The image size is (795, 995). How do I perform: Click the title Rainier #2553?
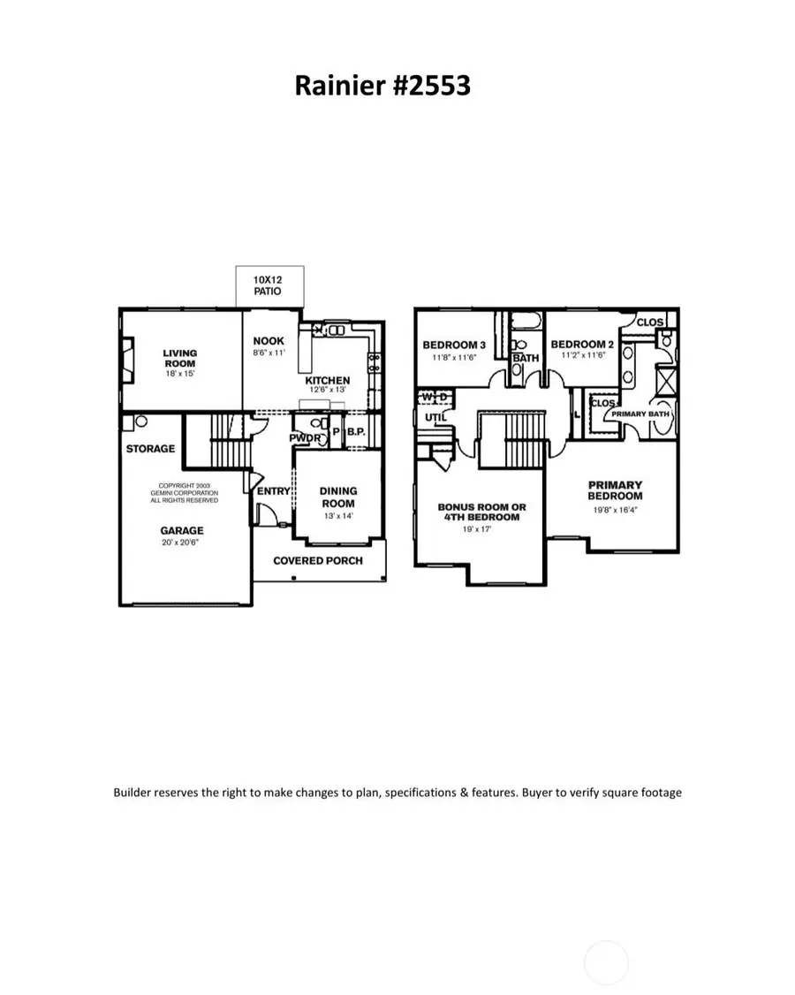pyautogui.click(x=382, y=86)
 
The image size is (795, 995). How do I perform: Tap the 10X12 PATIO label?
pyautogui.click(x=269, y=285)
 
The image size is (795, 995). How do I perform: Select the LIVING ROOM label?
pyautogui.click(x=180, y=358)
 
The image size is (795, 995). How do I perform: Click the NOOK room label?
pyautogui.click(x=269, y=341)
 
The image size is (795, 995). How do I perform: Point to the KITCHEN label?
pyautogui.click(x=328, y=381)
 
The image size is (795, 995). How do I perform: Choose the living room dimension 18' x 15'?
pyautogui.click(x=180, y=374)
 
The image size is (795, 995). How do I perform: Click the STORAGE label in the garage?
pyautogui.click(x=150, y=449)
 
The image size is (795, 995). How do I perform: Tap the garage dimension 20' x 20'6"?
pyautogui.click(x=182, y=543)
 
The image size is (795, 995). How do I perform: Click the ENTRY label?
pyautogui.click(x=273, y=491)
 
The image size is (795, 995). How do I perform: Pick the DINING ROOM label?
pyautogui.click(x=337, y=497)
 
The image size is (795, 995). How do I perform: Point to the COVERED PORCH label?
pyautogui.click(x=317, y=560)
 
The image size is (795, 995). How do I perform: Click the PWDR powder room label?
pyautogui.click(x=305, y=437)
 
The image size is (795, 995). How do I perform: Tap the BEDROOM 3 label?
pyautogui.click(x=454, y=345)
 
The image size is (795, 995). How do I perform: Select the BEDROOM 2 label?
pyautogui.click(x=582, y=345)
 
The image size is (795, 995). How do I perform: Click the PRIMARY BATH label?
pyautogui.click(x=642, y=414)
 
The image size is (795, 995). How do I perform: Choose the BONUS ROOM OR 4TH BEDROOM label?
pyautogui.click(x=481, y=512)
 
